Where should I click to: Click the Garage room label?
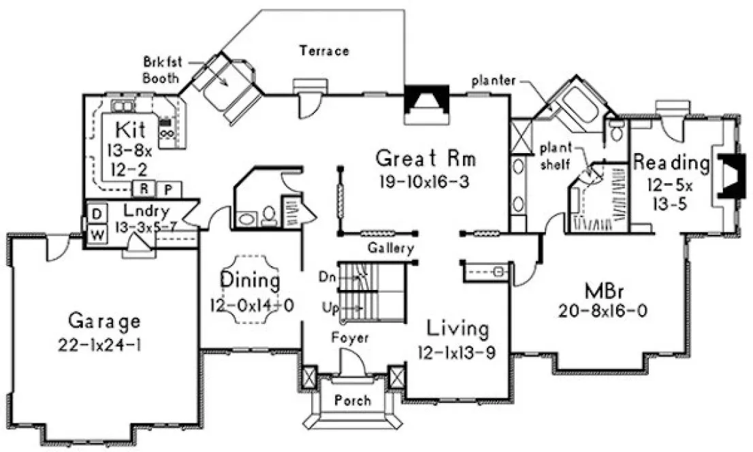(104, 319)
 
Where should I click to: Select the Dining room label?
(250, 280)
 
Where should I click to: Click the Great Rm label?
(426, 159)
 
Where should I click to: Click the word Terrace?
(323, 50)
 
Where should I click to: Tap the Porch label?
(353, 400)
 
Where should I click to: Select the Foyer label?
(351, 337)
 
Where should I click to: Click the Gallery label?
(390, 248)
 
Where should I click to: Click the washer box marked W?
(97, 235)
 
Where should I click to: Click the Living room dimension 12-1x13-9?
(458, 353)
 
